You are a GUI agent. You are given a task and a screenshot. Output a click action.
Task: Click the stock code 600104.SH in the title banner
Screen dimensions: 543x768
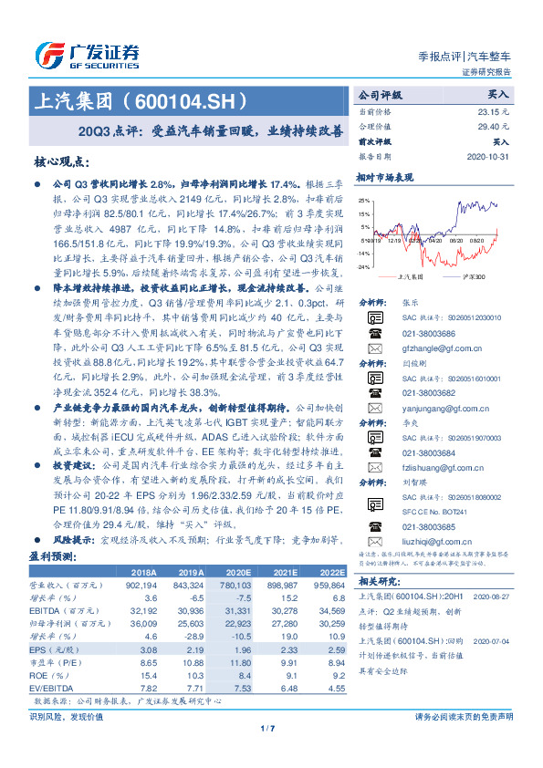(196, 99)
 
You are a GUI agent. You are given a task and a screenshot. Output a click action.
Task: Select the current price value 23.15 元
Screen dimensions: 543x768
(494, 110)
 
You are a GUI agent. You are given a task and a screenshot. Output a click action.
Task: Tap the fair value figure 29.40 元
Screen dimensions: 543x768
(494, 126)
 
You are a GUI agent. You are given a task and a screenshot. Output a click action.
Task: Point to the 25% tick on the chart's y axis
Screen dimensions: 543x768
(364, 200)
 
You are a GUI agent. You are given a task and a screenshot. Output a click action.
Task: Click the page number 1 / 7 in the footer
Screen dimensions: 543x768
(267, 728)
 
